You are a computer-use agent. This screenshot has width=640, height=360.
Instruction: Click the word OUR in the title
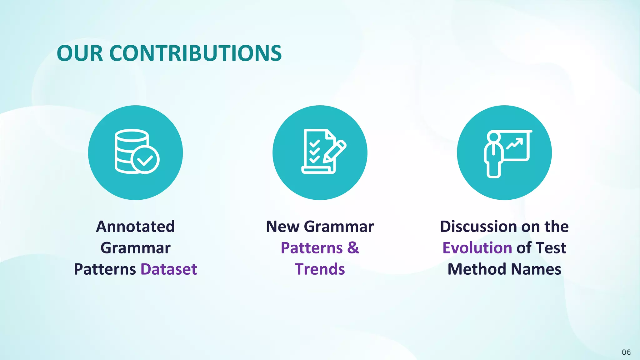(80, 53)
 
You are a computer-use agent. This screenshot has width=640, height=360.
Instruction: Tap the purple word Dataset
(169, 269)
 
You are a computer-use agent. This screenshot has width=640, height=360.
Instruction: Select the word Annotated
(135, 226)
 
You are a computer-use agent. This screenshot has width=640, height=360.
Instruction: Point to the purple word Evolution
(477, 248)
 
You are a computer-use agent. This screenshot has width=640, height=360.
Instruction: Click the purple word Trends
(320, 269)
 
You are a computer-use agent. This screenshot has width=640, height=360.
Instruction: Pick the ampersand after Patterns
(353, 248)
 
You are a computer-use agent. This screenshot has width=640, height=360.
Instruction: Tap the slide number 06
(626, 352)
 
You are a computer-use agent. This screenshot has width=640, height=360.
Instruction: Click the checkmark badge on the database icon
(145, 159)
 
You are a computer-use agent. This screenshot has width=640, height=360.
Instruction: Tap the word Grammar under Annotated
(135, 248)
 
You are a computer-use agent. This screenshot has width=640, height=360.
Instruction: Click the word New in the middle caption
(282, 226)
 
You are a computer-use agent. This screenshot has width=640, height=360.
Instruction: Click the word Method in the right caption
(477, 269)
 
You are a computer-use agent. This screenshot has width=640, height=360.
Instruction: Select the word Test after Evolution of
(551, 248)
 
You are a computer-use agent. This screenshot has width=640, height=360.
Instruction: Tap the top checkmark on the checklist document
(314, 144)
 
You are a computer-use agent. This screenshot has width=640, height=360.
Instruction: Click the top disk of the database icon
(131, 135)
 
